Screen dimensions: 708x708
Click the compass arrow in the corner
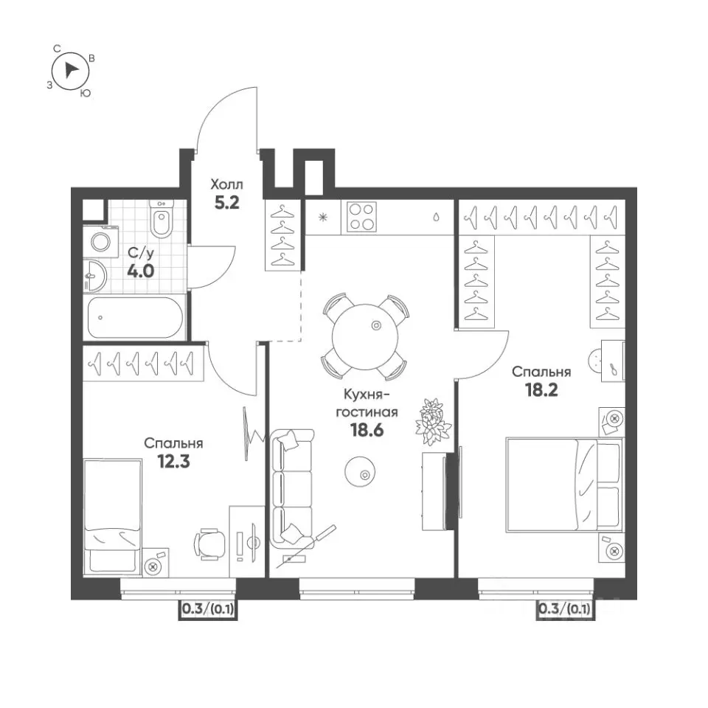[70, 70]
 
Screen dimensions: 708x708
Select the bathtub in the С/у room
[135, 317]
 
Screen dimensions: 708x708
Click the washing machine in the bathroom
[100, 243]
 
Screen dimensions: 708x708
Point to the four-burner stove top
[361, 217]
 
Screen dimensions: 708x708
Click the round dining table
[365, 336]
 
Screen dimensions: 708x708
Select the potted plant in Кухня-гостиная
[434, 422]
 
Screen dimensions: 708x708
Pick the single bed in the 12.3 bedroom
[112, 518]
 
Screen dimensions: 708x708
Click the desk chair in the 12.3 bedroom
[210, 544]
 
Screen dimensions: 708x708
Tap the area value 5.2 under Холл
[226, 204]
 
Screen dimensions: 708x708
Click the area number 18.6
[367, 430]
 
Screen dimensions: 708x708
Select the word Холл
[226, 184]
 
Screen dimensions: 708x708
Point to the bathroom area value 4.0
[140, 271]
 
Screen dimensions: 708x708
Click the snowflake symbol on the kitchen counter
[323, 218]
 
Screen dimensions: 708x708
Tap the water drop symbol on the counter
[436, 217]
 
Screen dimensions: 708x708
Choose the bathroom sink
[95, 276]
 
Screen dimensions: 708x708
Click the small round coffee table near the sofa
[359, 471]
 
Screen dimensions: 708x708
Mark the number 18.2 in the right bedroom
[541, 389]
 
